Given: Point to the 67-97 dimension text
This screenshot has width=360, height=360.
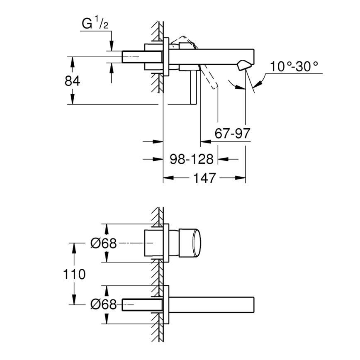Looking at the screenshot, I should [x=232, y=134].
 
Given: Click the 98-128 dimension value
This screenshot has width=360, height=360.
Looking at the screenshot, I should [x=191, y=159].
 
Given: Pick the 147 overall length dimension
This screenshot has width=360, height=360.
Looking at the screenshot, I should [x=204, y=178].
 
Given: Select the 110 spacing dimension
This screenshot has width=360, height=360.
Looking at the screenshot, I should [x=74, y=274].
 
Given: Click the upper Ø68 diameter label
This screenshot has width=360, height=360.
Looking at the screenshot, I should [x=103, y=244].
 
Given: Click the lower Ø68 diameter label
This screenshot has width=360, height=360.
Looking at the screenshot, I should [x=103, y=305].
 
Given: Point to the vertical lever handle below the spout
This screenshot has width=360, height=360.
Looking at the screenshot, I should [x=193, y=87].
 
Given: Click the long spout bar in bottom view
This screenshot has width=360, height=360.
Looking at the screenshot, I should [x=212, y=305].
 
